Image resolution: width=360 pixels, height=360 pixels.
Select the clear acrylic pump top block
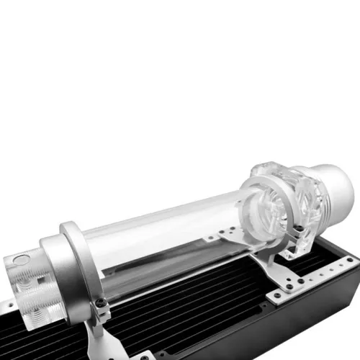288,202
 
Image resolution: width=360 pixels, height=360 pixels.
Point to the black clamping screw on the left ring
103,309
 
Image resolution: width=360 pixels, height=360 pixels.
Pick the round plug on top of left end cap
20,257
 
